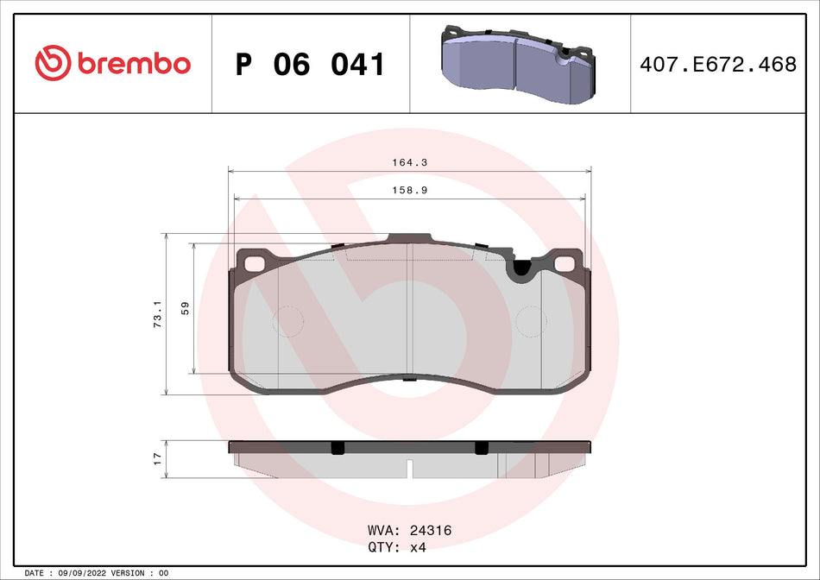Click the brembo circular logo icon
(52, 63)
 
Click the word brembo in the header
(133, 64)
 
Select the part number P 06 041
(310, 65)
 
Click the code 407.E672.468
(717, 65)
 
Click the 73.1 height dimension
(156, 314)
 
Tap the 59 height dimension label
(185, 308)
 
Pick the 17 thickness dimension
(157, 458)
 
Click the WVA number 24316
(432, 531)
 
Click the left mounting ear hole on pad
(255, 262)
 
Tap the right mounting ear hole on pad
(566, 263)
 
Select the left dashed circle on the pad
(288, 322)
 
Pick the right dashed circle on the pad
(530, 322)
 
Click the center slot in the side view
(410, 469)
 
